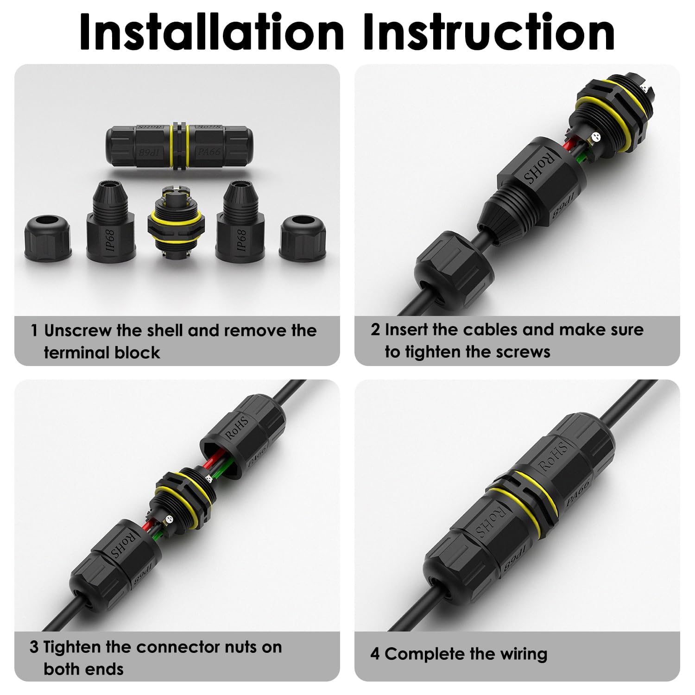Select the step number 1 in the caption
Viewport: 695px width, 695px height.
click(x=34, y=331)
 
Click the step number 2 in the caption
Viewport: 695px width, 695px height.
click(x=375, y=330)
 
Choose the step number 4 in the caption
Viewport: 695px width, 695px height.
click(x=374, y=654)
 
